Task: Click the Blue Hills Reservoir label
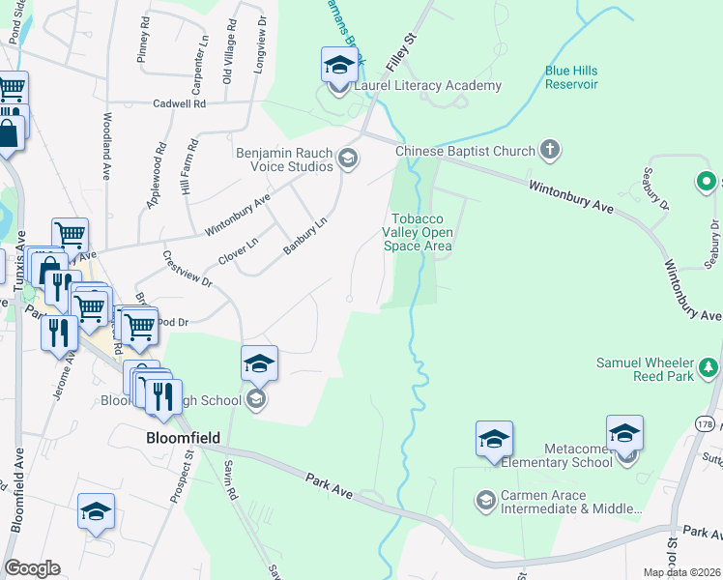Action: (571, 77)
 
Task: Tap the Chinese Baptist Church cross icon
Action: (550, 151)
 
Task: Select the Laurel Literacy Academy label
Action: (428, 86)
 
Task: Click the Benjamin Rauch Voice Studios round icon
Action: (348, 160)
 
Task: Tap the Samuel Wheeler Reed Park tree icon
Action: (709, 367)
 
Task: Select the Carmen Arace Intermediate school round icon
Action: (484, 500)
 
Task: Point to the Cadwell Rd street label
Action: (179, 103)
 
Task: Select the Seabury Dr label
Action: (654, 189)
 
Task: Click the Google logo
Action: (32, 568)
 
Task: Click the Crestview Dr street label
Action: (187, 270)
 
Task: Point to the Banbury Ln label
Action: (305, 236)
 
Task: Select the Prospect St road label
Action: (183, 478)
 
